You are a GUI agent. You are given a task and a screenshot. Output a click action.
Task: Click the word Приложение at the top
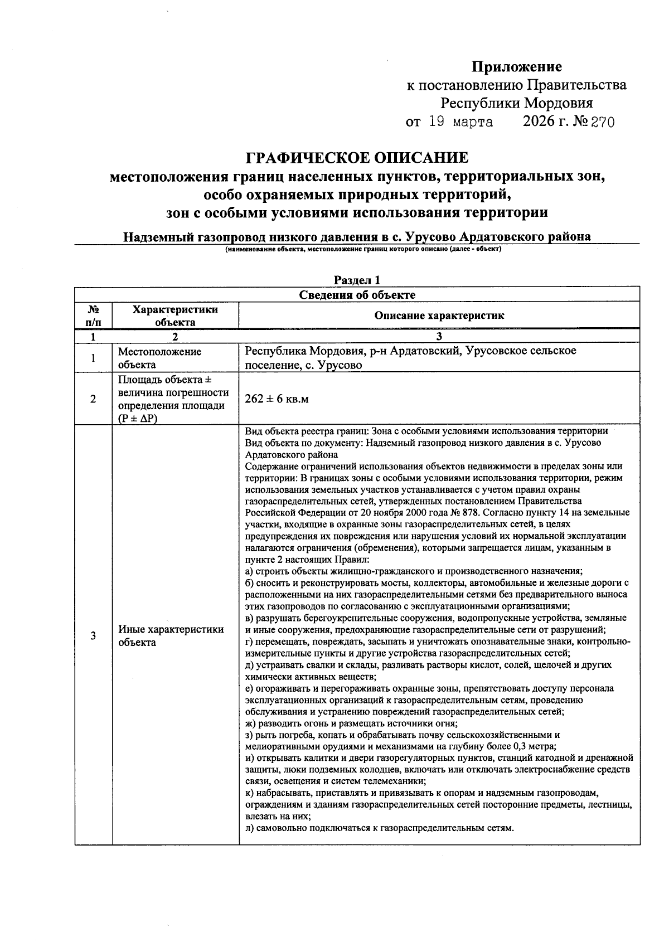517,67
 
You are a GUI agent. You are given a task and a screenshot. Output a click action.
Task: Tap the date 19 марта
460,122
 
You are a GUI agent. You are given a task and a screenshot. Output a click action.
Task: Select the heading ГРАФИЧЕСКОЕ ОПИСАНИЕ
357,158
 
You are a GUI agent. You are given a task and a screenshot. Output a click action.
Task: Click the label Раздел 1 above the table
357,280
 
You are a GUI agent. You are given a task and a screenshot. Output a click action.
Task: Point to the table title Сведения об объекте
357,295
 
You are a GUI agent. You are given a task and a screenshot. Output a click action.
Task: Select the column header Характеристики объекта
175,315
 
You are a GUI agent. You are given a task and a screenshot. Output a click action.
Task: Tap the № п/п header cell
93,315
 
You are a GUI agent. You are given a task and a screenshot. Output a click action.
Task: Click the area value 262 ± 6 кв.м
277,400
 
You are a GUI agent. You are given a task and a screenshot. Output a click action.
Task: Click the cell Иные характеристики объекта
171,636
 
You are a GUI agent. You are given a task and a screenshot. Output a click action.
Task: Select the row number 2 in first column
93,400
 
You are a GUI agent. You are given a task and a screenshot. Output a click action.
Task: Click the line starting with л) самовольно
379,828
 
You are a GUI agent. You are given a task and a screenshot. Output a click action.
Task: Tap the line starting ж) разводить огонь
351,723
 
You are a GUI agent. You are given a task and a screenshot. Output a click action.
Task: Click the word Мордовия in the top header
557,104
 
